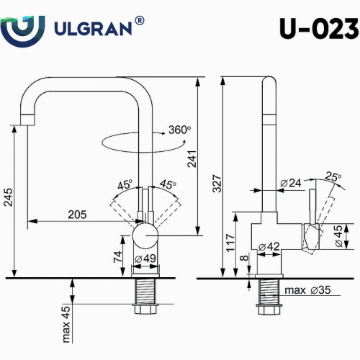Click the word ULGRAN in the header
[x=92, y=28]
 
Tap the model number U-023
[x=317, y=28]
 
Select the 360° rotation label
[x=179, y=130]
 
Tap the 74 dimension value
[x=117, y=256]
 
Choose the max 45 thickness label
[x=65, y=324]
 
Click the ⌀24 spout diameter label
[x=289, y=183]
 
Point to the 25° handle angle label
[x=333, y=176]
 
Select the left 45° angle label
[x=125, y=184]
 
